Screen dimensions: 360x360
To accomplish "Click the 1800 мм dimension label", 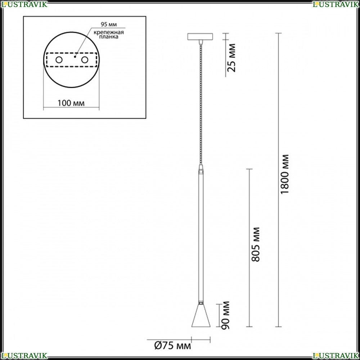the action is [285, 174].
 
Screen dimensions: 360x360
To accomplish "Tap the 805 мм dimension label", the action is [256, 244].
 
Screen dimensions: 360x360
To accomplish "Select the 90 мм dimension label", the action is [225, 315].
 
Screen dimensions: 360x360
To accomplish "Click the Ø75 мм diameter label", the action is [172, 346].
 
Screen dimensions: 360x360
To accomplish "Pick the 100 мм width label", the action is [71, 103].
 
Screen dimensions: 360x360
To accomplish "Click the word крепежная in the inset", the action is [109, 32].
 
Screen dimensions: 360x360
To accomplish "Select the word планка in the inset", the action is [109, 37].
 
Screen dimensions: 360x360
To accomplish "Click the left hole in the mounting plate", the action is [59, 60].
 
